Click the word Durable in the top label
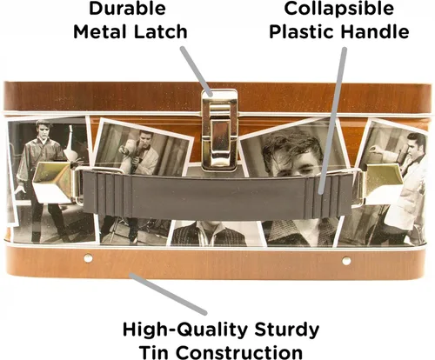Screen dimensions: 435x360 (x=127, y=8)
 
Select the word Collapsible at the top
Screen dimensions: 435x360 (x=339, y=8)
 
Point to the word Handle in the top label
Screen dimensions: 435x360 (x=375, y=31)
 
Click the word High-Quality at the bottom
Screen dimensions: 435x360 (x=185, y=330)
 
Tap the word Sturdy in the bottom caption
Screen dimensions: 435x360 (x=286, y=330)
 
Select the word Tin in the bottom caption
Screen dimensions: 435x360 (x=154, y=352)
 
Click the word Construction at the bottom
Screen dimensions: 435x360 (x=239, y=352)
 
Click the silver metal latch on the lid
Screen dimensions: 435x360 (x=219, y=130)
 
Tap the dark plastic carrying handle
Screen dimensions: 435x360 (x=218, y=195)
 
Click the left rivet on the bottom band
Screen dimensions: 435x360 (x=88, y=257)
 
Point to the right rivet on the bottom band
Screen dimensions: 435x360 (x=346, y=261)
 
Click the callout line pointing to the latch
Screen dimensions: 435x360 (x=197, y=71)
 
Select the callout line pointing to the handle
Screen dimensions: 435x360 (x=332, y=121)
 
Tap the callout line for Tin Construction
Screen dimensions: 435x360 (x=168, y=293)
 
